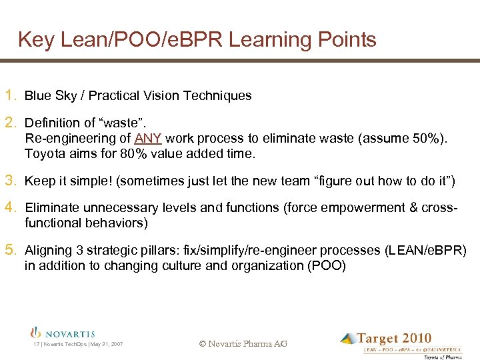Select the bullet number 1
pos(11,95)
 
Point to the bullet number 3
pos(11,180)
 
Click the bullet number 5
pos(11,250)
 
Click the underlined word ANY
pos(148,139)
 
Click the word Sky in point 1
pos(66,96)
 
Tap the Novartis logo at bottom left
pos(63,333)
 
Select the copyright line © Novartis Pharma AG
pos(243,343)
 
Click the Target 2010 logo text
pos(394,339)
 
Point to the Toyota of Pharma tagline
pos(443,357)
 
